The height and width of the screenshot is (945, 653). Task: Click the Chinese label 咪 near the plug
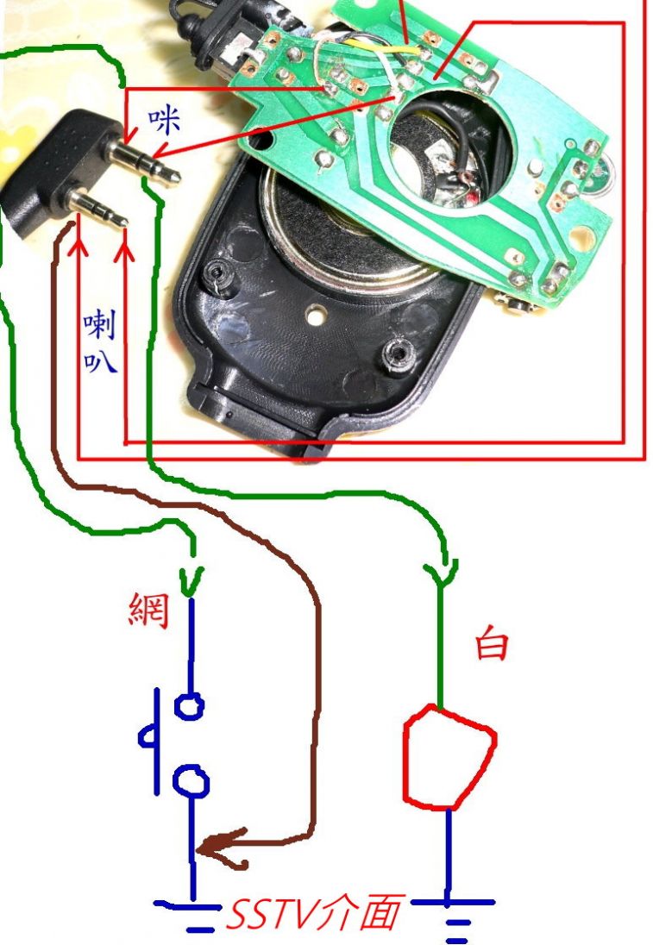[164, 122]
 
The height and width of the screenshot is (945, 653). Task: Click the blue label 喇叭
[99, 341]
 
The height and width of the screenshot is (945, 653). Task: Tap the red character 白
[492, 644]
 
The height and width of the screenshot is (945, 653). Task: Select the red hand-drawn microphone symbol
[449, 756]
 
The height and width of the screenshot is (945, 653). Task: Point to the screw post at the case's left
[215, 277]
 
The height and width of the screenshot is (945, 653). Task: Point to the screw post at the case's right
[399, 354]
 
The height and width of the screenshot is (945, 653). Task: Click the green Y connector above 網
[191, 576]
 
